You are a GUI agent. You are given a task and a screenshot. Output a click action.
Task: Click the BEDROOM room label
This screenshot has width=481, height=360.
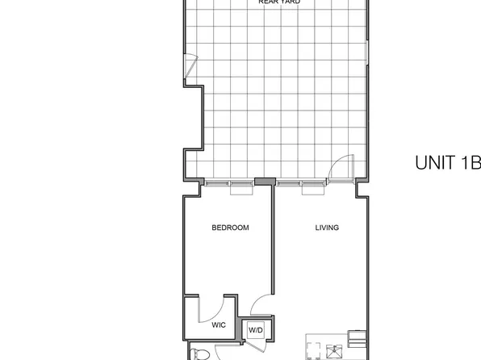point(230,228)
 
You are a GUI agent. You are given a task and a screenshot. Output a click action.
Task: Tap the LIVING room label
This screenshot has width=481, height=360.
point(327,228)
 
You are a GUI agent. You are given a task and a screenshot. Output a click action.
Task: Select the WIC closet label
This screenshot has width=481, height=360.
point(218,326)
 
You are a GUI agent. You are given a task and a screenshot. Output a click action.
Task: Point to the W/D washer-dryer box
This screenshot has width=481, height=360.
point(256,330)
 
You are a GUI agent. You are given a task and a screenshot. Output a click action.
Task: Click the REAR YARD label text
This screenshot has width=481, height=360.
point(279,2)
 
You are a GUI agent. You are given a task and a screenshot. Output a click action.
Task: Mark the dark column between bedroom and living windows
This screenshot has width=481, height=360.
point(262,182)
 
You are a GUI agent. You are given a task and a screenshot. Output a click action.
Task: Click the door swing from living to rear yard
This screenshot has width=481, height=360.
point(343,166)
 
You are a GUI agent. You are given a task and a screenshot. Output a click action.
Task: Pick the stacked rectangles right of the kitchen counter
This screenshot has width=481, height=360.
point(355,337)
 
